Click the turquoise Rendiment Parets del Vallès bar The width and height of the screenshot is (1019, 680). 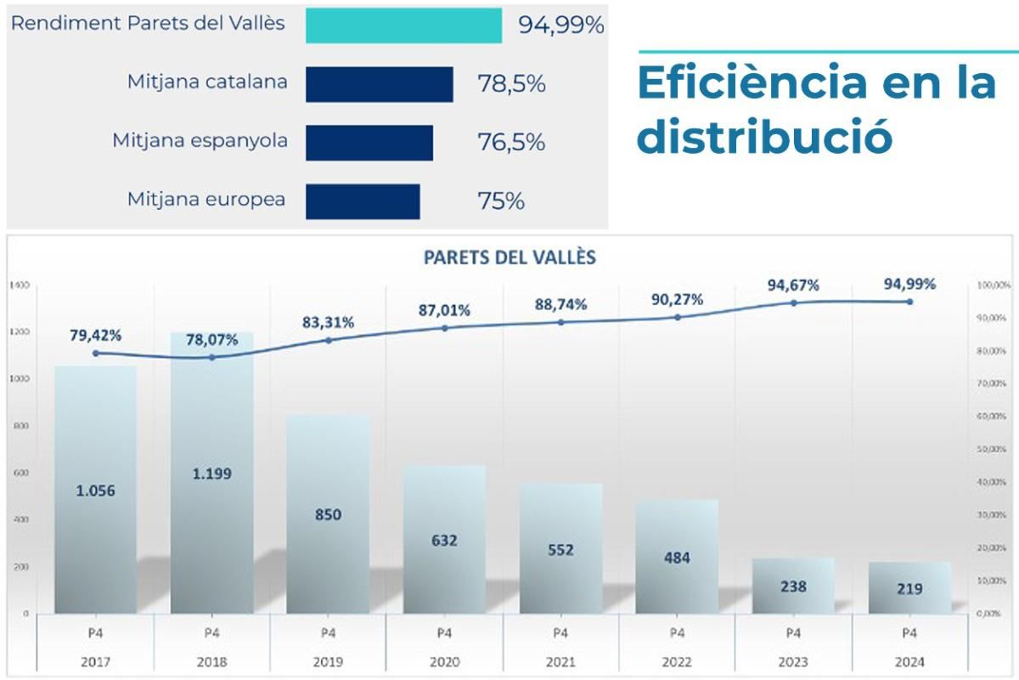pyautogui.click(x=403, y=25)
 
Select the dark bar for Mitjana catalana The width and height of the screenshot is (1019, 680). pyautogui.click(x=379, y=84)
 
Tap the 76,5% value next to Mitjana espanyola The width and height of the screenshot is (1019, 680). pyautogui.click(x=511, y=143)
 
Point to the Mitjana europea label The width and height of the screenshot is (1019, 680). pyautogui.click(x=206, y=201)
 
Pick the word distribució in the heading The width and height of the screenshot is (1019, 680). pyautogui.click(x=764, y=137)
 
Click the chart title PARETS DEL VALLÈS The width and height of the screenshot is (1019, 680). pyautogui.click(x=509, y=258)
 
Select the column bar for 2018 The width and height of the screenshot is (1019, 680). pyautogui.click(x=211, y=510)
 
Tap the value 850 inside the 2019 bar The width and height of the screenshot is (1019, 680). pyautogui.click(x=328, y=515)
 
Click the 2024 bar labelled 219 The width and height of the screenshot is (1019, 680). pyautogui.click(x=909, y=588)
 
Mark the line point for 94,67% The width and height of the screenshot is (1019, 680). pyautogui.click(x=793, y=303)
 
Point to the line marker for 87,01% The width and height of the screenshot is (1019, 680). pyautogui.click(x=445, y=328)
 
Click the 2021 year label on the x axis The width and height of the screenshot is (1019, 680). pyautogui.click(x=560, y=662)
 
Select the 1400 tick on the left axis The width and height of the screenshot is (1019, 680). pyautogui.click(x=20, y=286)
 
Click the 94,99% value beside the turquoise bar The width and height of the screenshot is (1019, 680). pyautogui.click(x=561, y=25)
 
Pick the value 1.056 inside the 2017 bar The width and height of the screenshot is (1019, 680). pyautogui.click(x=95, y=491)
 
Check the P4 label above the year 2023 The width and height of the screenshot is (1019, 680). pyautogui.click(x=793, y=633)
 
